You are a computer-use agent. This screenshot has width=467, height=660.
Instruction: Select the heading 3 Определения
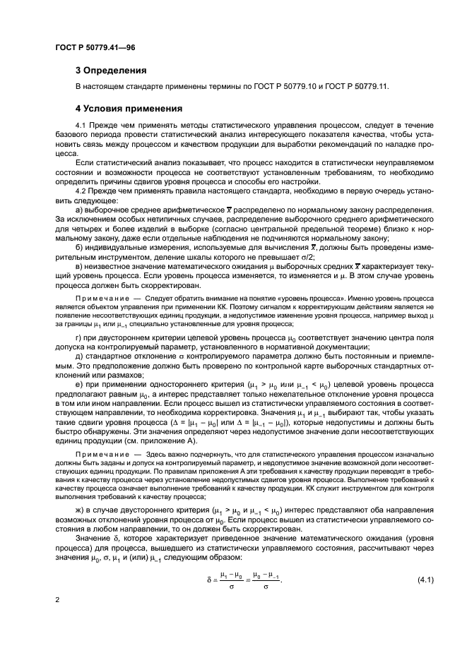tap(111, 71)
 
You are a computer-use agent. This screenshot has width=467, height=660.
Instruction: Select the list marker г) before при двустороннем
tap(80, 338)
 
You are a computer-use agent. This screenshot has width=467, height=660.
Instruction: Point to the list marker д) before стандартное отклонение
tap(80, 358)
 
